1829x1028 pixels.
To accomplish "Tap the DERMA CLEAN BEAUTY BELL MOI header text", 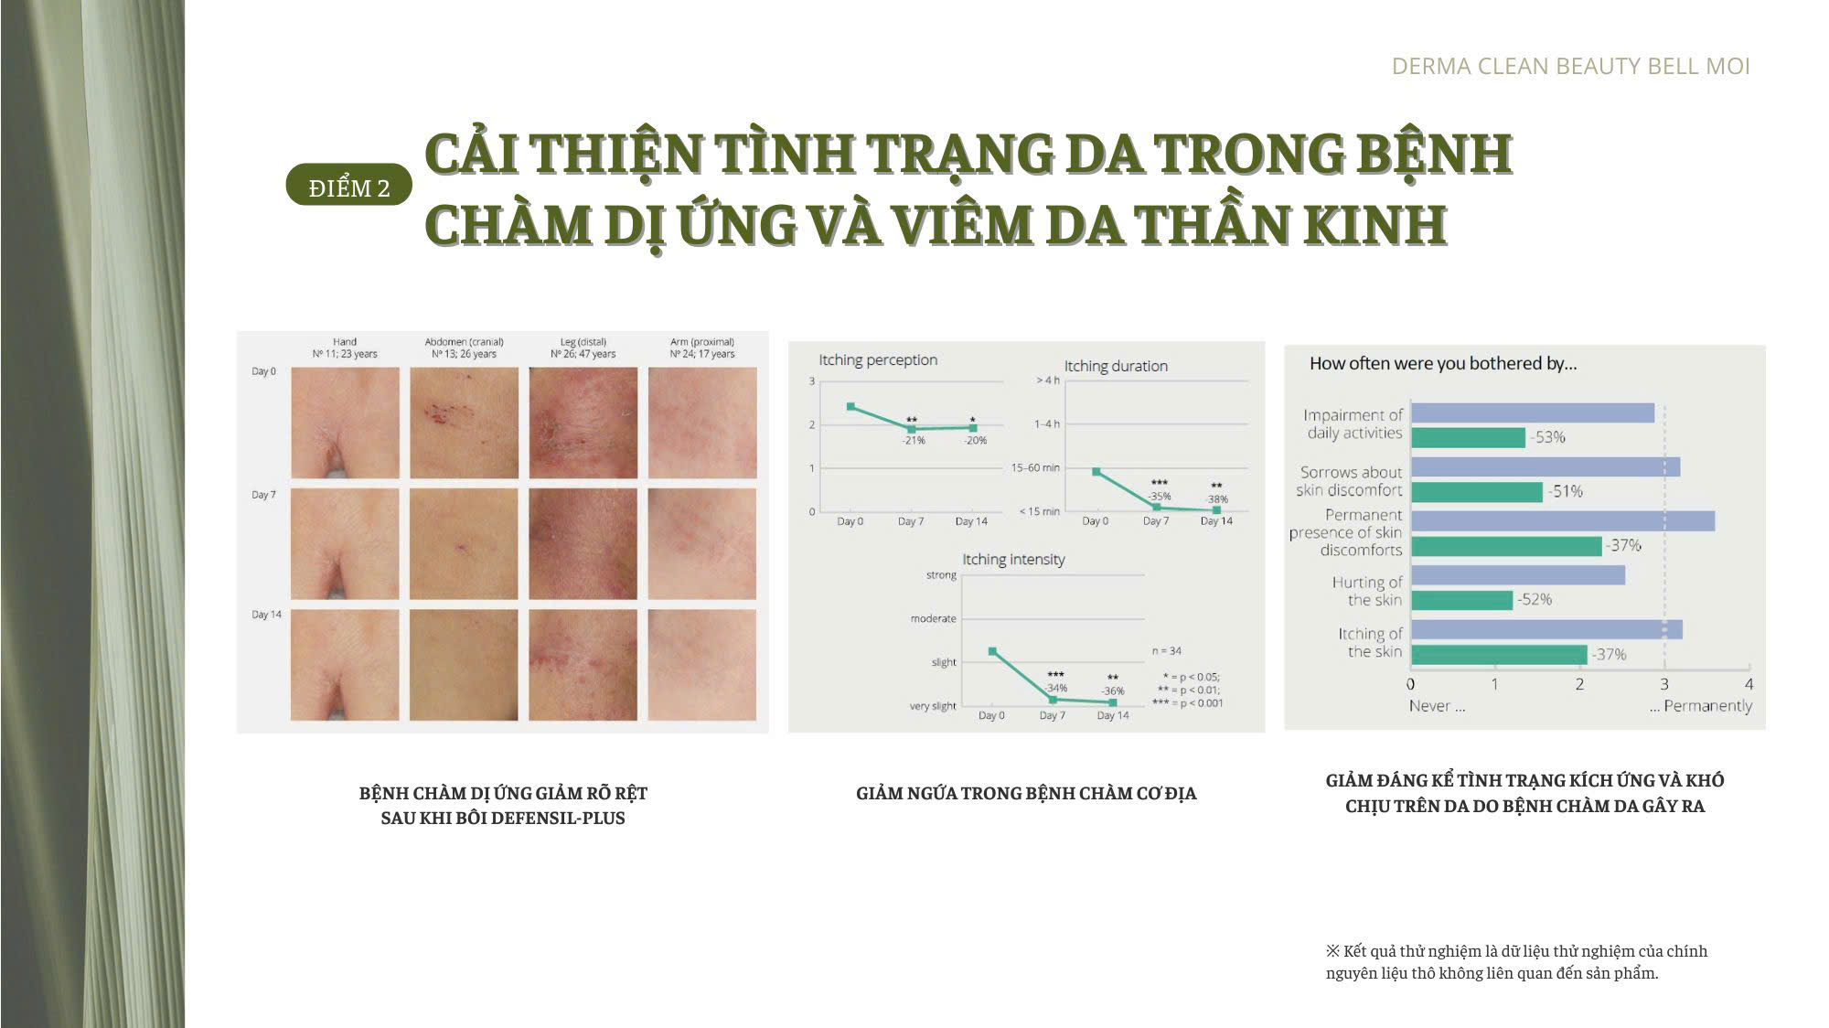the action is pyautogui.click(x=1570, y=66).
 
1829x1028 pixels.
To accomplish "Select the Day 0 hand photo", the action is pyautogui.click(x=345, y=423).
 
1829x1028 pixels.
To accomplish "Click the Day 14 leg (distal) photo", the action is pyautogui.click(x=583, y=665).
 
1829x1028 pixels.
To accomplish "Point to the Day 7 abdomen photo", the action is pyautogui.click(x=464, y=543).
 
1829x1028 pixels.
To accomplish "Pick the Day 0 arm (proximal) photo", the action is pyautogui.click(x=702, y=423).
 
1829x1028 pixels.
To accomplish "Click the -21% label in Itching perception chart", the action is pyautogui.click(x=914, y=440).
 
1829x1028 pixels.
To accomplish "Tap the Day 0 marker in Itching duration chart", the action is pyautogui.click(x=1096, y=472).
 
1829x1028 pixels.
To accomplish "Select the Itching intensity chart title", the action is pyautogui.click(x=1013, y=559).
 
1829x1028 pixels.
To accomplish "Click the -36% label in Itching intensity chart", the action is pyautogui.click(x=1113, y=691).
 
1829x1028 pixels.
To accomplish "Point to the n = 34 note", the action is pyautogui.click(x=1166, y=651).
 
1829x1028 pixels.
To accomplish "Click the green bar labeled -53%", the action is pyautogui.click(x=1468, y=437).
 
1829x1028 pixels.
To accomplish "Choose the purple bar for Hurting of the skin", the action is pyautogui.click(x=1518, y=575).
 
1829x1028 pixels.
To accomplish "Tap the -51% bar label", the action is pyautogui.click(x=1565, y=491).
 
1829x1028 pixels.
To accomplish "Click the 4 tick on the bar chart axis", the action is pyautogui.click(x=1749, y=683).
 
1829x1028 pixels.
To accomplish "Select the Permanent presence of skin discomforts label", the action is pyautogui.click(x=1345, y=532).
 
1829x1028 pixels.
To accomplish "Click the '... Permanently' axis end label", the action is pyautogui.click(x=1701, y=706).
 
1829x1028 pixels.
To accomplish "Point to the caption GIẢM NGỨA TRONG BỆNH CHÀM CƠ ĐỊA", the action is pyautogui.click(x=1026, y=793).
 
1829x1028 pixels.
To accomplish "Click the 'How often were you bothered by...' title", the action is pyautogui.click(x=1443, y=363).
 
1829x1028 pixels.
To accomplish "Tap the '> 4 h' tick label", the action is pyautogui.click(x=1048, y=380).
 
